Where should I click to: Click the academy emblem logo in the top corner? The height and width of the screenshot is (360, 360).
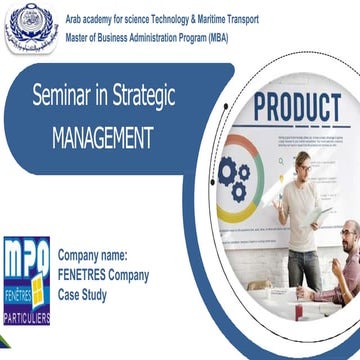[x=31, y=26]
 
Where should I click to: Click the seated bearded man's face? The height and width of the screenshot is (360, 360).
[x=349, y=239]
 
